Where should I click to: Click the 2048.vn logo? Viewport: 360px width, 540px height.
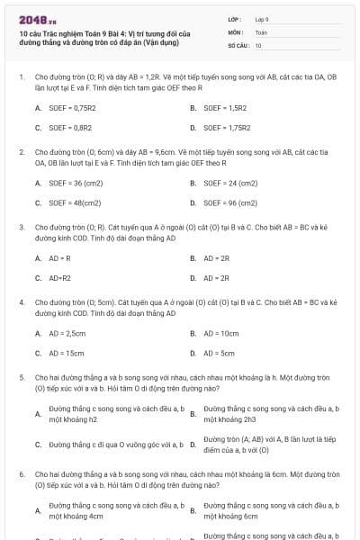(x=37, y=17)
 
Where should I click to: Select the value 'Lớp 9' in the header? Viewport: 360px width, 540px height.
(x=262, y=18)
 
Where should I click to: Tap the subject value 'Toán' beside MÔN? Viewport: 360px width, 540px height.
(x=261, y=31)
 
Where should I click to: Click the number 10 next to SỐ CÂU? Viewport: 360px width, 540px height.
(x=258, y=44)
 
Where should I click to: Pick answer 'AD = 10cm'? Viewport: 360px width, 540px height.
(x=220, y=333)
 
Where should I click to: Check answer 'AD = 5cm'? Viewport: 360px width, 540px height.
(x=219, y=354)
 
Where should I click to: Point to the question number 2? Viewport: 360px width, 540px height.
(x=21, y=153)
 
